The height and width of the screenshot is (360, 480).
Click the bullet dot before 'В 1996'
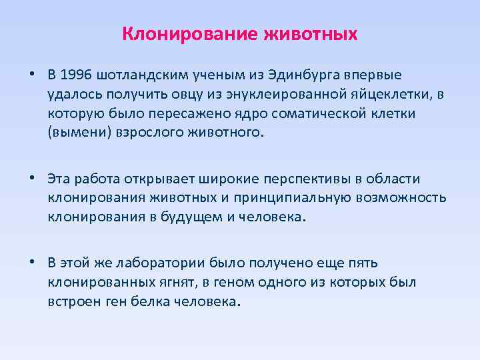coord(31,73)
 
